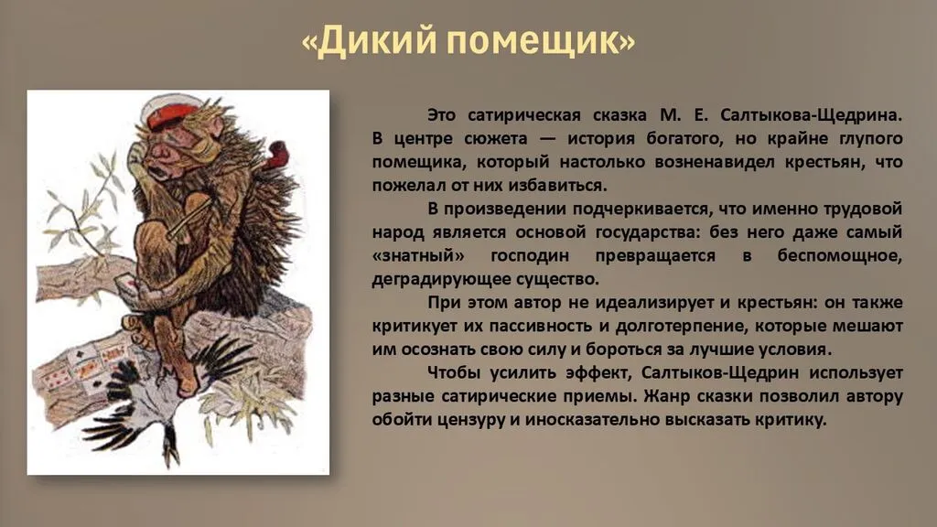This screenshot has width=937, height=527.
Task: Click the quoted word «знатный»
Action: (418, 256)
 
